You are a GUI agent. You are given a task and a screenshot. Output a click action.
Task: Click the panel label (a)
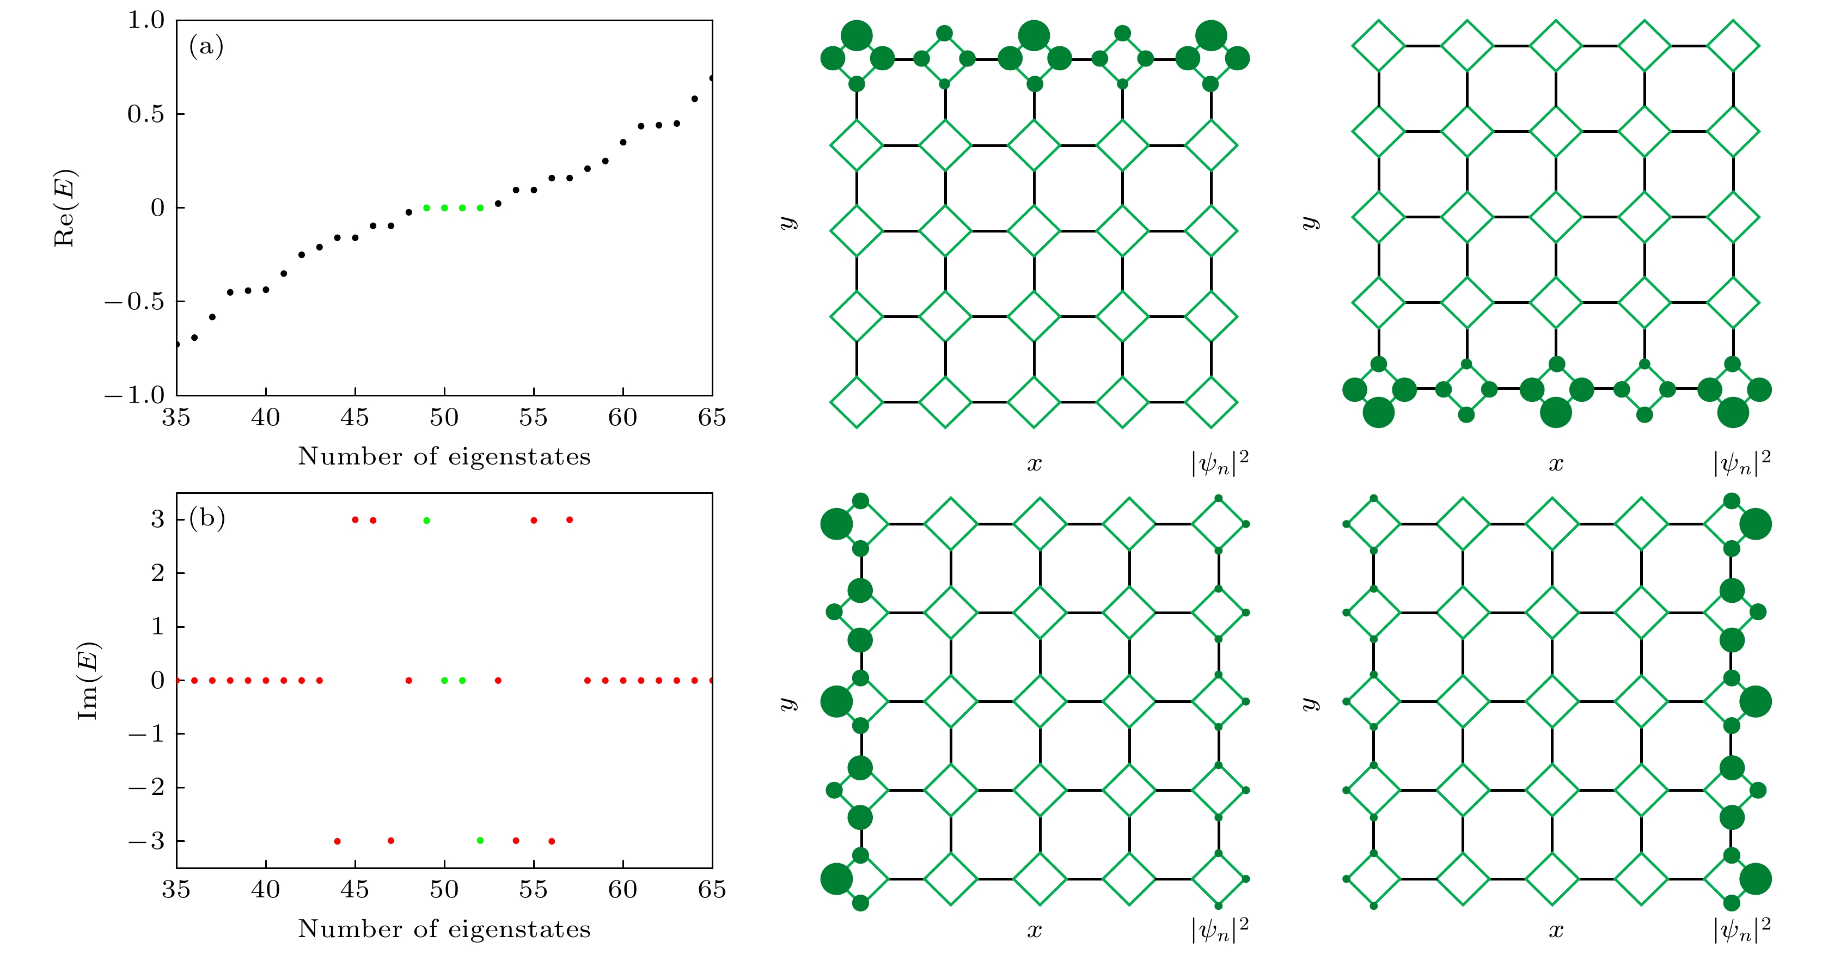pyautogui.click(x=206, y=47)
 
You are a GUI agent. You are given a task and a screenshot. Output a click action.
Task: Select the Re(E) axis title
pyautogui.click(x=65, y=208)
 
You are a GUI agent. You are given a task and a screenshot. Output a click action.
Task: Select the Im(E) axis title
pyautogui.click(x=88, y=680)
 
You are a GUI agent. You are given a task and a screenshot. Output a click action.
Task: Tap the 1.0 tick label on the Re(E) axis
pyautogui.click(x=146, y=21)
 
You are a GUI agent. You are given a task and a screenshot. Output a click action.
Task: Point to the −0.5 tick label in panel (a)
pyautogui.click(x=134, y=302)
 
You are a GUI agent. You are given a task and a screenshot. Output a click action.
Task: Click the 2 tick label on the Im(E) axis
pyautogui.click(x=157, y=573)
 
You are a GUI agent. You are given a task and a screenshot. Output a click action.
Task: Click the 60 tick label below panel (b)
pyautogui.click(x=622, y=890)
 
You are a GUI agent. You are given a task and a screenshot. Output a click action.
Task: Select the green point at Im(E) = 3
pyautogui.click(x=426, y=521)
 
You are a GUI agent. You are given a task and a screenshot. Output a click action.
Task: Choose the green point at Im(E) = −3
pyautogui.click(x=480, y=841)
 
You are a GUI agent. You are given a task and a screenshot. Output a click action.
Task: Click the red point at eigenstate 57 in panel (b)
pyautogui.click(x=570, y=520)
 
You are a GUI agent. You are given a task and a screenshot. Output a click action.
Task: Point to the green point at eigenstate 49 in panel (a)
pyautogui.click(x=426, y=208)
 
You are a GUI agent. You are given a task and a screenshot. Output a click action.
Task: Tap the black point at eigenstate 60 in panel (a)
pyautogui.click(x=623, y=142)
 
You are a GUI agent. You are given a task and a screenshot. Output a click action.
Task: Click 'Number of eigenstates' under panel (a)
pyautogui.click(x=444, y=457)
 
